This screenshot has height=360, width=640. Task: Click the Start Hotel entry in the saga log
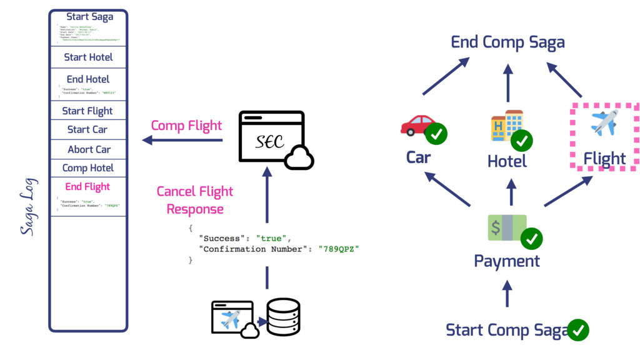pos(88,57)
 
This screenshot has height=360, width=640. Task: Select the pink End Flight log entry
pos(87,186)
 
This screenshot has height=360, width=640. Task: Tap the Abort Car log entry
pos(89,149)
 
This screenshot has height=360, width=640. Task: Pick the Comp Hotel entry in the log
pos(88,167)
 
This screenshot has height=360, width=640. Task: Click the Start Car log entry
pos(87,129)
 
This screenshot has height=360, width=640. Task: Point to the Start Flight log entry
pos(87,111)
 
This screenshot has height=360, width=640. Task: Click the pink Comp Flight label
pos(186,126)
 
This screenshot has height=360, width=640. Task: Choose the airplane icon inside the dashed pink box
pos(604,122)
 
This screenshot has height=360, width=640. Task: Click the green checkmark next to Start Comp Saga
pos(578,329)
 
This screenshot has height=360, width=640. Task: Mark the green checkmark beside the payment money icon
pos(532,238)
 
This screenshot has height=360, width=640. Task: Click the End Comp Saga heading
pos(507,42)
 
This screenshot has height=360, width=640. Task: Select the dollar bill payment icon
pos(507,227)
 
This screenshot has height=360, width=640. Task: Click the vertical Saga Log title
pos(29,207)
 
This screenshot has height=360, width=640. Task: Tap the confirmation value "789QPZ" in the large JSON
pos(339,248)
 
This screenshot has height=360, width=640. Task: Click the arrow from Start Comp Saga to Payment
pos(507,293)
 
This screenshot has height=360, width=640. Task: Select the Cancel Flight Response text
pos(195,200)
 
